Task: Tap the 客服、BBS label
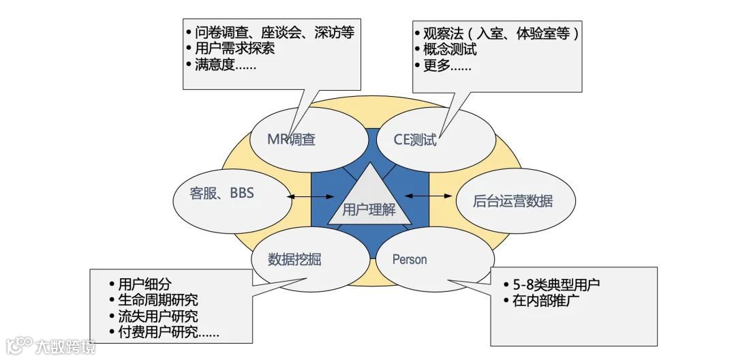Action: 222,193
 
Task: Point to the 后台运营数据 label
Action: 512,201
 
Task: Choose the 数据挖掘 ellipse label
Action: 294,260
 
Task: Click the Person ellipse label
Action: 410,260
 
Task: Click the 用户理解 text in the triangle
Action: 369,210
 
